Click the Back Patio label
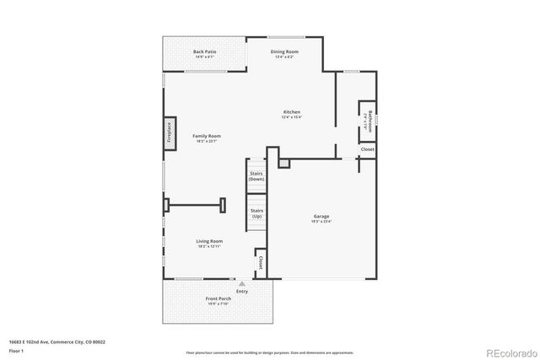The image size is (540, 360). click(204, 51)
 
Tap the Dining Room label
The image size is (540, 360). click(283, 51)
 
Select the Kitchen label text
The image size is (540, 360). click(291, 112)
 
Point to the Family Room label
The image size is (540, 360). click(206, 136)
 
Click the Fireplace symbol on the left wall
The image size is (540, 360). click(169, 133)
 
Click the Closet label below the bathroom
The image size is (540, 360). click(367, 149)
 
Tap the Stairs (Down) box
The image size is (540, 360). click(256, 176)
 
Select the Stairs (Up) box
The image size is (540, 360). click(256, 212)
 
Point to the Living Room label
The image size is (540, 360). click(209, 241)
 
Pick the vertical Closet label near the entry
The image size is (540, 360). click(260, 262)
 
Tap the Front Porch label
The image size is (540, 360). click(218, 298)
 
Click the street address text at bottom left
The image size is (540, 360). click(58, 341)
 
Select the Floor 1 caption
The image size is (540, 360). click(16, 350)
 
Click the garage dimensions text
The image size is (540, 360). click(321, 222)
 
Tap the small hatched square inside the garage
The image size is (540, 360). click(284, 162)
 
